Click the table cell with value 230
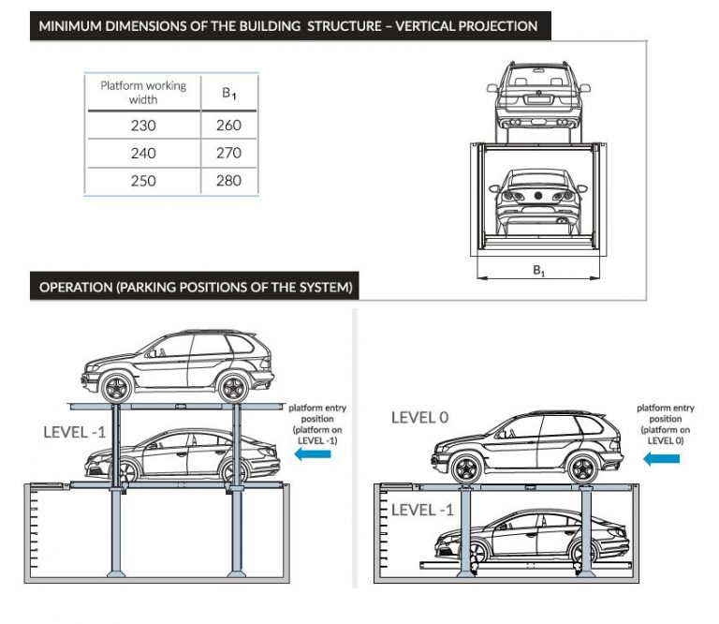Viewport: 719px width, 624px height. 143,126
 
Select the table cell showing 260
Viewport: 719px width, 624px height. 228,126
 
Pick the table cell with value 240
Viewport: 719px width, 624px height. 143,153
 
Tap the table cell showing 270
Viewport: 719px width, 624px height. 228,153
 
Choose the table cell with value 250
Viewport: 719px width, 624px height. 143,180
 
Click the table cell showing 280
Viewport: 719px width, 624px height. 228,180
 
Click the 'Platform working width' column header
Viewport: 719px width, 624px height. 143,92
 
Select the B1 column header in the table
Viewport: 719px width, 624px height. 228,93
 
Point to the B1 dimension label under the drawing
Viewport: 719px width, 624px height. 539,271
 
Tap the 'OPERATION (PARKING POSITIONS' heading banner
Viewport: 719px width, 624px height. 196,287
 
